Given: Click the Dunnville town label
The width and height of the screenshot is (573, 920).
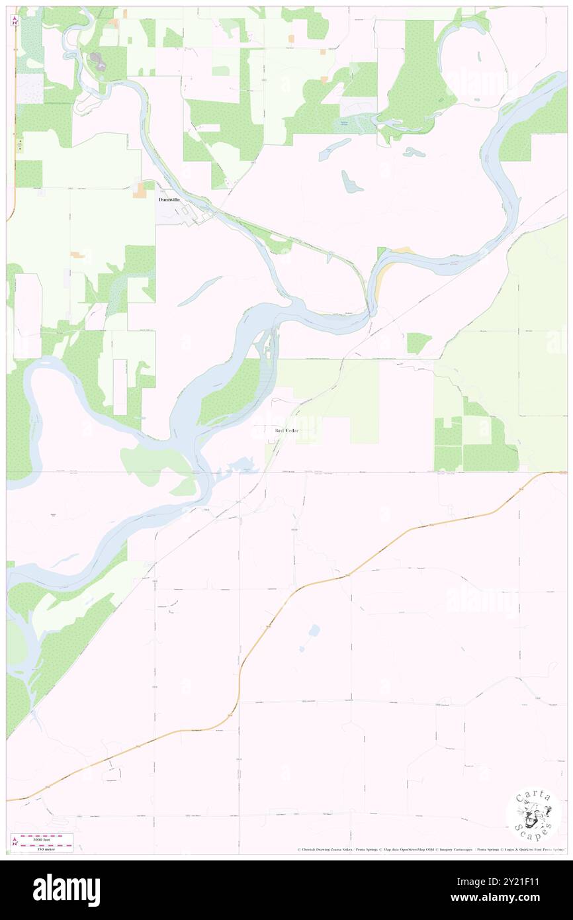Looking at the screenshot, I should (170, 199).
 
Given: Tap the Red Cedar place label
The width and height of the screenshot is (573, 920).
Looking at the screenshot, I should (286, 431).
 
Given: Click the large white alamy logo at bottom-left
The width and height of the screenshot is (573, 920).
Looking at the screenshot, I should (67, 890).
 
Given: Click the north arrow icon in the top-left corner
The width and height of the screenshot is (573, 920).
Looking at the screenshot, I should (15, 21).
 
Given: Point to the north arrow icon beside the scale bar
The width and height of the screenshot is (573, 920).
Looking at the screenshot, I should (14, 843).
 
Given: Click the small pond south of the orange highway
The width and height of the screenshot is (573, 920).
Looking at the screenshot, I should (313, 629).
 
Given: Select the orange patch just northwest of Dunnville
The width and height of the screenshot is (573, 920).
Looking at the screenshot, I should (140, 191).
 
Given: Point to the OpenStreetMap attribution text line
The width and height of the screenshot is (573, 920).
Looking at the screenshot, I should (430, 849).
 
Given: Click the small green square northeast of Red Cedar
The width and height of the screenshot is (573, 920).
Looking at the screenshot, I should (418, 342).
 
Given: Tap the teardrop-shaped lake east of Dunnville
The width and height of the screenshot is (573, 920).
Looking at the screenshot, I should (350, 181).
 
